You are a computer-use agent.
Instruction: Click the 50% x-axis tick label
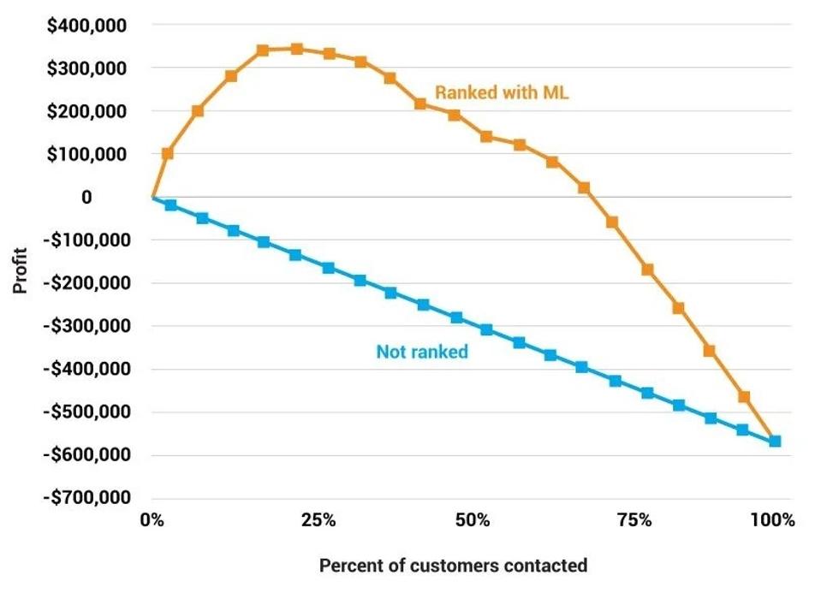tap(473, 520)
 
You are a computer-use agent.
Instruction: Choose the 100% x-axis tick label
tap(773, 520)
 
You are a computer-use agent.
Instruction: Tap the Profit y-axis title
tap(20, 270)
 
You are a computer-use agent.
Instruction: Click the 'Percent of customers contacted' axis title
tap(453, 566)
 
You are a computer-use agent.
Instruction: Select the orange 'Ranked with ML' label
tap(502, 93)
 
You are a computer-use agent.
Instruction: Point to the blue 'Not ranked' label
tap(422, 352)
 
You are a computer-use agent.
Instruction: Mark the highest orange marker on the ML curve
tap(296, 49)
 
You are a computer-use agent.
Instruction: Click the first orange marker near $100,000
tap(168, 154)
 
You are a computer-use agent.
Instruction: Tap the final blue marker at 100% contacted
tap(775, 441)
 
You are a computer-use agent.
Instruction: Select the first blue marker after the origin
tap(170, 205)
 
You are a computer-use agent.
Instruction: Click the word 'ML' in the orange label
tap(556, 93)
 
